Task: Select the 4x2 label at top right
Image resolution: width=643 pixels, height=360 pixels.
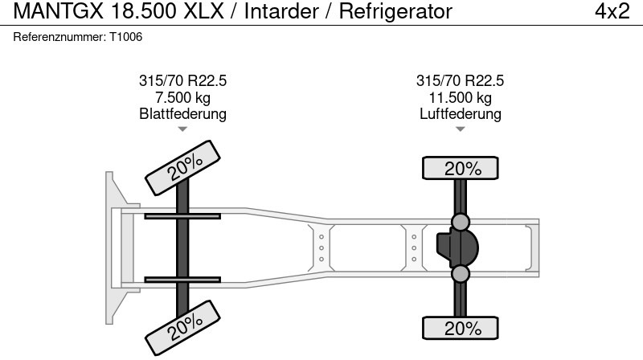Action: coord(612,12)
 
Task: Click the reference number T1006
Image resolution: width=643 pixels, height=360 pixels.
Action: coord(126,37)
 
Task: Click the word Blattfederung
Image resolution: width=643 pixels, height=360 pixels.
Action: coord(182,114)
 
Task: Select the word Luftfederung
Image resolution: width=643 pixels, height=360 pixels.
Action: coord(460,114)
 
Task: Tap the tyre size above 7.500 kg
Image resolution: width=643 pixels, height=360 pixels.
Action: coord(182,81)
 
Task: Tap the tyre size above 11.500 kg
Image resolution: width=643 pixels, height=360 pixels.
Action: coord(460,81)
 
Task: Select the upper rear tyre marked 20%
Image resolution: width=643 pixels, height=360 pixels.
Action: coord(461,169)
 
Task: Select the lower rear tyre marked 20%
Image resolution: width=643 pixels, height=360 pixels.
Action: coord(461,328)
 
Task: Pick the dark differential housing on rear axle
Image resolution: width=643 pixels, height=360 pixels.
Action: coord(457,248)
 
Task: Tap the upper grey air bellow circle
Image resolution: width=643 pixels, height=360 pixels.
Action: coord(461,222)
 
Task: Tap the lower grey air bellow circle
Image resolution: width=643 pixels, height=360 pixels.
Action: coord(461,275)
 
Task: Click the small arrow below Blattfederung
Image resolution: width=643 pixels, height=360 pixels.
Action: coord(182,129)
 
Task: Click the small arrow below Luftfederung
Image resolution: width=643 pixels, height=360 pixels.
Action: coord(460,129)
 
